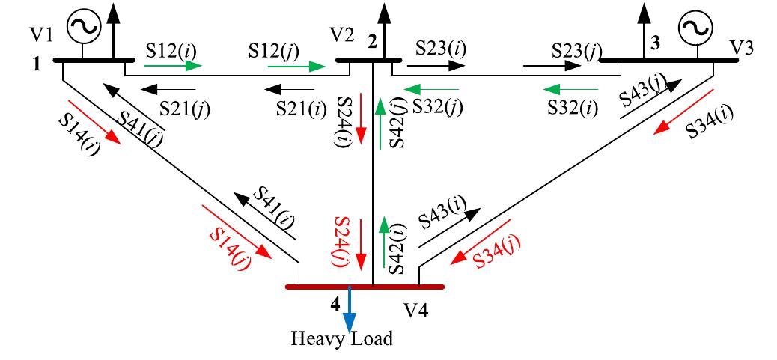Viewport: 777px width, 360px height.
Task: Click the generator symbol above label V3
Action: (x=695, y=28)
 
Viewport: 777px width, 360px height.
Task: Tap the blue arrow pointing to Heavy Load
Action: (x=350, y=311)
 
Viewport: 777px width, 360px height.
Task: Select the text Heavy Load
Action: (x=342, y=339)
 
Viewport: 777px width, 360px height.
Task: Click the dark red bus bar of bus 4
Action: (x=365, y=287)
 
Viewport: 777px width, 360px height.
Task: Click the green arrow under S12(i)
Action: (x=173, y=66)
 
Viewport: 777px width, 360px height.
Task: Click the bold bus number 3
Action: (x=656, y=43)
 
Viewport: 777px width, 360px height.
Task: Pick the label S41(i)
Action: (x=274, y=207)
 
